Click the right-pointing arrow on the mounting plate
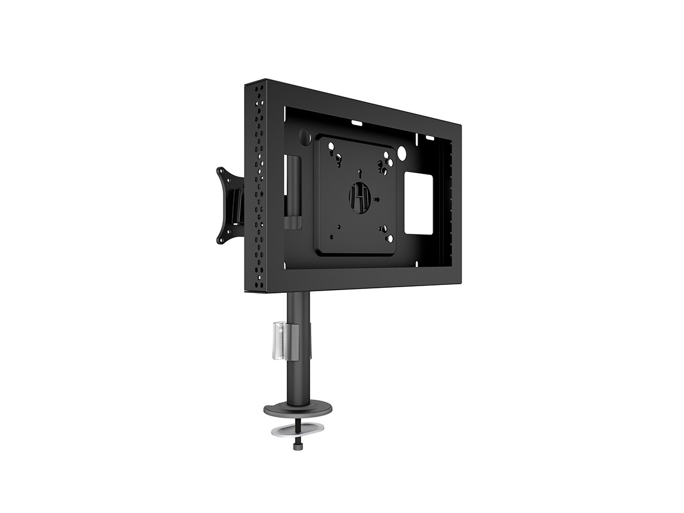click(377, 199)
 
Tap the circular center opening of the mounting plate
click(360, 196)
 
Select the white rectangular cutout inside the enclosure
click(419, 203)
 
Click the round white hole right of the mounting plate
click(402, 153)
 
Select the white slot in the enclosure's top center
click(358, 121)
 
